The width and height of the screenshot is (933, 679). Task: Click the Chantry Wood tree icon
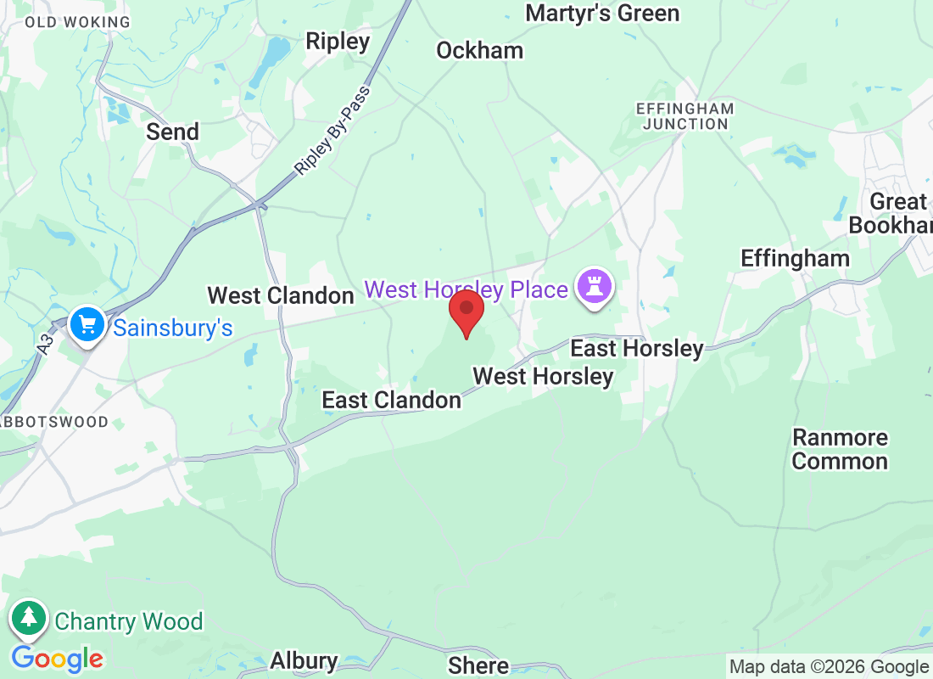(29, 620)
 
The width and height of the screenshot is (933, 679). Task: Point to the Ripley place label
(338, 41)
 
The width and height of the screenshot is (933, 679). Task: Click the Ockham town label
(479, 51)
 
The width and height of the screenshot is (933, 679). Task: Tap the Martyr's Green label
(602, 14)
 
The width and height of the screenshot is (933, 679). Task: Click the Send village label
(172, 132)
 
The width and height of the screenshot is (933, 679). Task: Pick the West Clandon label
(281, 295)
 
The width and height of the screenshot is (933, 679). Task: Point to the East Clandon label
(391, 400)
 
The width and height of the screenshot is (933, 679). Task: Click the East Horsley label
(636, 348)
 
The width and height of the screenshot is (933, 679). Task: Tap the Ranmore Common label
(840, 450)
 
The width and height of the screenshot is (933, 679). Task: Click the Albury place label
(304, 660)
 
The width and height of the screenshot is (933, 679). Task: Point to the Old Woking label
(78, 22)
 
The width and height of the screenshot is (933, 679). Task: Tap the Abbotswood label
(56, 422)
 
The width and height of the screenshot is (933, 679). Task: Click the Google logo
(58, 659)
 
